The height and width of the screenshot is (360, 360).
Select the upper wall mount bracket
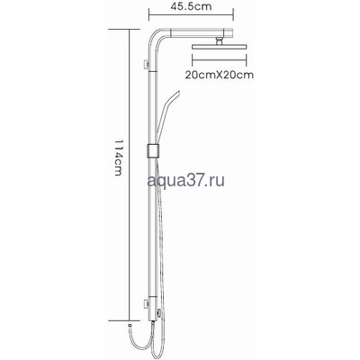pyautogui.click(x=146, y=63)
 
